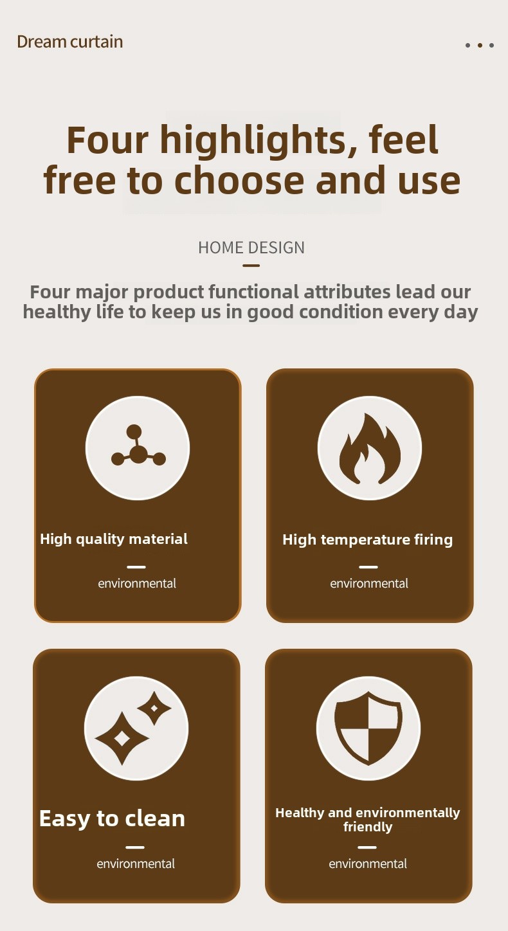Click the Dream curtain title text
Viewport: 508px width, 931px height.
coord(70,42)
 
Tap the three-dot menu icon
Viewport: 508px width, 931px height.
coord(479,45)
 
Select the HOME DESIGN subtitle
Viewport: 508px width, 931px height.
coord(251,248)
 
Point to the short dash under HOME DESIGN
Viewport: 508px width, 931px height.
coord(251,265)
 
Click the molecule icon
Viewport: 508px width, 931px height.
coord(138,446)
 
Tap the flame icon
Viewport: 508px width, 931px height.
coord(370,448)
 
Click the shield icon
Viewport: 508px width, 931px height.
coord(368,728)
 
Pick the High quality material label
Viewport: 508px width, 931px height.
coord(114,539)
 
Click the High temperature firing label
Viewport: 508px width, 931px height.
coord(367,540)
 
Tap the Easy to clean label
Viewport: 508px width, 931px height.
coord(113,818)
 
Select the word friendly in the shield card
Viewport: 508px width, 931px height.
coord(368,827)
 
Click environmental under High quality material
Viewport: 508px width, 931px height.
coord(137,584)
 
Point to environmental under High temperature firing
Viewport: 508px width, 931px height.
coord(369,584)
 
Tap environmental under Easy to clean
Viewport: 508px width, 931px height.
coord(136,863)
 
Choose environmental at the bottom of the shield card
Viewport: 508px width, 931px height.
coord(368,863)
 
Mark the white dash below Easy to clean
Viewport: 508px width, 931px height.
coord(134,847)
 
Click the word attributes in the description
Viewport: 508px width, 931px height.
coord(347,292)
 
